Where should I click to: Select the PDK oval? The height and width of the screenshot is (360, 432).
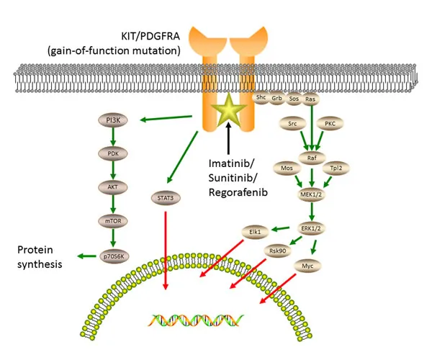pyautogui.click(x=112, y=153)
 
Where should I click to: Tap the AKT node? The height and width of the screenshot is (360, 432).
pyautogui.click(x=112, y=186)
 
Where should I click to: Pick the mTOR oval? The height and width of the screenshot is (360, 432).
pyautogui.click(x=112, y=222)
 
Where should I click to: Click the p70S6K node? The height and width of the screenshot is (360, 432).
pyautogui.click(x=112, y=255)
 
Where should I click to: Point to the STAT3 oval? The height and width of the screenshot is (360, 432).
pyautogui.click(x=166, y=194)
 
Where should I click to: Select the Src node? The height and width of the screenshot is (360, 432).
pyautogui.click(x=293, y=124)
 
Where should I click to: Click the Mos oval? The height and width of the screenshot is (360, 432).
pyautogui.click(x=286, y=167)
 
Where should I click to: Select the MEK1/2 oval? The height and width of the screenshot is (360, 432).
pyautogui.click(x=312, y=193)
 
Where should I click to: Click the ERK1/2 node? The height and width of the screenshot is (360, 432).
pyautogui.click(x=312, y=228)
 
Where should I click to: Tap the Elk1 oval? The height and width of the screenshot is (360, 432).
pyautogui.click(x=253, y=232)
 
